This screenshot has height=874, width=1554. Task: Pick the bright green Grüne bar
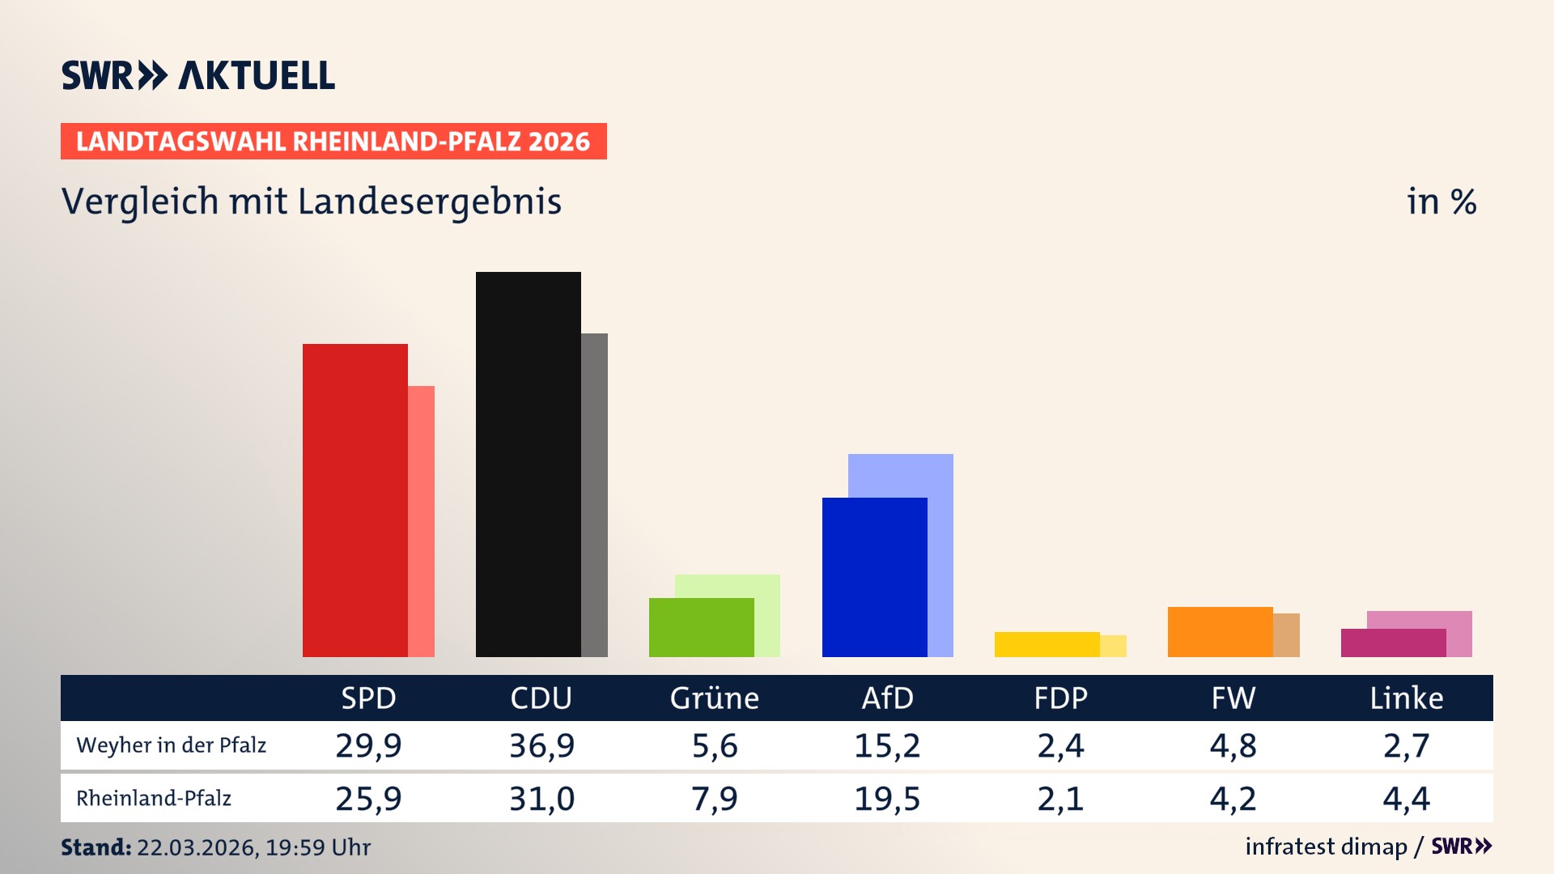pyautogui.click(x=701, y=627)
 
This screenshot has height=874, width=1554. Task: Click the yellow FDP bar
pyautogui.click(x=1047, y=644)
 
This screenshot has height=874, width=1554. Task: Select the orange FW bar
pyautogui.click(x=1220, y=631)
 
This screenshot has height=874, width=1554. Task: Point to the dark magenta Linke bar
pyautogui.click(x=1393, y=643)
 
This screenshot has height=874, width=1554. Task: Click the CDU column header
pyautogui.click(x=541, y=698)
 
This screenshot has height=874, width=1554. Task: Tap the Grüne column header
pyautogui.click(x=714, y=698)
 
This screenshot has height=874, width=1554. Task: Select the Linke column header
pyautogui.click(x=1406, y=698)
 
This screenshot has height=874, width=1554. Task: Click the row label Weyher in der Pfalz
pyautogui.click(x=171, y=745)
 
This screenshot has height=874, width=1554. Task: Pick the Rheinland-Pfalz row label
pyautogui.click(x=154, y=799)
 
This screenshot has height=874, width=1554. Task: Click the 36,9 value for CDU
pyautogui.click(x=541, y=745)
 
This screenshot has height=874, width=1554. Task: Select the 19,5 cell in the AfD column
pyautogui.click(x=887, y=799)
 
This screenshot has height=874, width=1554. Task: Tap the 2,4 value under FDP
pyautogui.click(x=1060, y=745)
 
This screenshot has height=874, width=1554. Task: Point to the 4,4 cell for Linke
pyautogui.click(x=1406, y=799)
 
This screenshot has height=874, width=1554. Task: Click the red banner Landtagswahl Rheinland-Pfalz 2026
pyautogui.click(x=333, y=142)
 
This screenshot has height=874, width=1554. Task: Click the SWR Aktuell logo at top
pyautogui.click(x=198, y=75)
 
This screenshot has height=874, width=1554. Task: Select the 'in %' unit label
pyautogui.click(x=1441, y=202)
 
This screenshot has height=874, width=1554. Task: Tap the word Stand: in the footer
pyautogui.click(x=96, y=847)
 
